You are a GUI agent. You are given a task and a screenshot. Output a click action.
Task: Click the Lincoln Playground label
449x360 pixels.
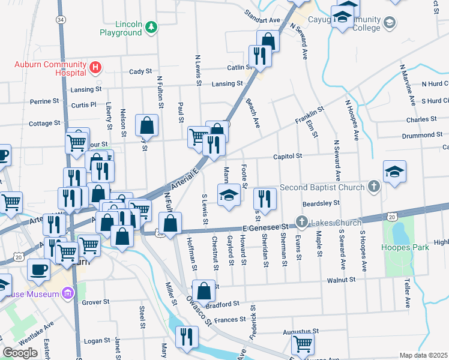pyautogui.click(x=120, y=28)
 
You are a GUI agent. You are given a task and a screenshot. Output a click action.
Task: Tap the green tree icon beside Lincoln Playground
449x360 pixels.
pyautogui.click(x=152, y=26)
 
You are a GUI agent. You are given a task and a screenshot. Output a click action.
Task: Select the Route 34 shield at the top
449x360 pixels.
pyautogui.click(x=61, y=20)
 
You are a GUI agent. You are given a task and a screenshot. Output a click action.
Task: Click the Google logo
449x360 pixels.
pyautogui.click(x=20, y=353)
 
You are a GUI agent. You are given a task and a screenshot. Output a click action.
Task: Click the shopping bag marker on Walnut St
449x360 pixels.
pyautogui.click(x=204, y=290)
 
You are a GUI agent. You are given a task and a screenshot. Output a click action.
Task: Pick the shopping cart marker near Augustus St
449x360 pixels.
pyautogui.click(x=303, y=344)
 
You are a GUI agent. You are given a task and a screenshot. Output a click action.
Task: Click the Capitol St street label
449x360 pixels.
pyautogui.click(x=289, y=155)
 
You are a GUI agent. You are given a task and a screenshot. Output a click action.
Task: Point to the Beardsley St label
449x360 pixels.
pyautogui.click(x=321, y=203)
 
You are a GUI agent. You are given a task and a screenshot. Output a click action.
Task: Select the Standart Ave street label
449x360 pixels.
pyautogui.click(x=264, y=20)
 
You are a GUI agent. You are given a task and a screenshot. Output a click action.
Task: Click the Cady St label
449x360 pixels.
pyautogui.click(x=140, y=71)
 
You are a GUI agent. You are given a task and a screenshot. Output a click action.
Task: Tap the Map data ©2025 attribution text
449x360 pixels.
pyautogui.click(x=424, y=355)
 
